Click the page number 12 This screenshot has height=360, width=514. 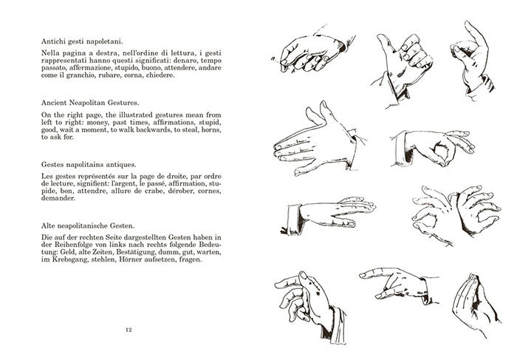pyautogui.click(x=130, y=330)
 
